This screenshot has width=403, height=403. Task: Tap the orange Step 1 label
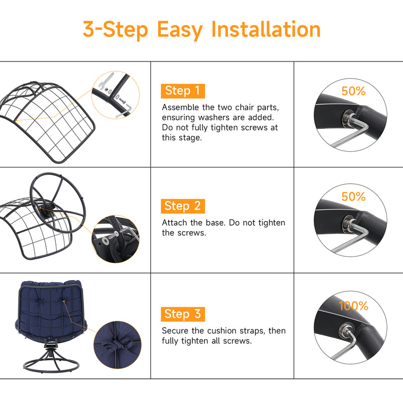coord(183,91)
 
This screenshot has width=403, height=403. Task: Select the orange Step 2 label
coord(183,206)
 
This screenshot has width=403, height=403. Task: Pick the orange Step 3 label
coord(183,314)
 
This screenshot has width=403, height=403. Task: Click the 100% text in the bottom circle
coord(354,306)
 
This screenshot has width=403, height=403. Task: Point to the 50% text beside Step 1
coord(354,91)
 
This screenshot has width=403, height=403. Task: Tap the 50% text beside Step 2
coord(354,196)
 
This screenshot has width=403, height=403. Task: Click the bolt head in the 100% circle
coord(345,329)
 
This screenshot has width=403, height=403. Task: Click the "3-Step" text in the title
coord(115,30)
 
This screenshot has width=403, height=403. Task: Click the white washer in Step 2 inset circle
coord(105,241)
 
